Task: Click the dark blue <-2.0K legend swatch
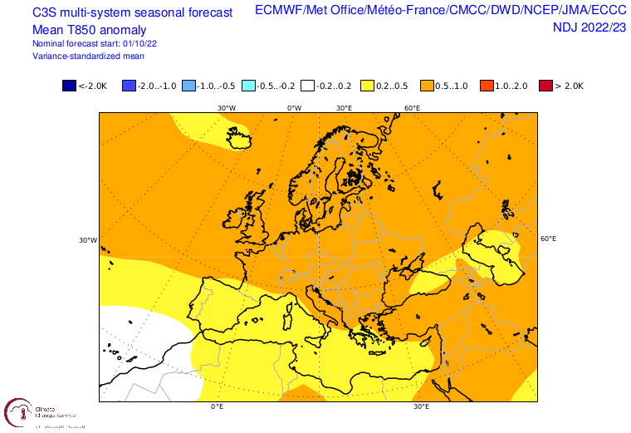(x=68, y=85)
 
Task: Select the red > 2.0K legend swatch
(x=545, y=85)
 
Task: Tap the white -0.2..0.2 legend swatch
(x=306, y=85)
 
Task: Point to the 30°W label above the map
(x=227, y=108)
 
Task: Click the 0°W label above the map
(x=294, y=108)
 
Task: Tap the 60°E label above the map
(x=412, y=108)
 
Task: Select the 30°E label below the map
(x=421, y=407)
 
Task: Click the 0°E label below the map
(x=218, y=407)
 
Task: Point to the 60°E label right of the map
(x=548, y=239)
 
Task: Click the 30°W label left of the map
(x=87, y=241)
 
